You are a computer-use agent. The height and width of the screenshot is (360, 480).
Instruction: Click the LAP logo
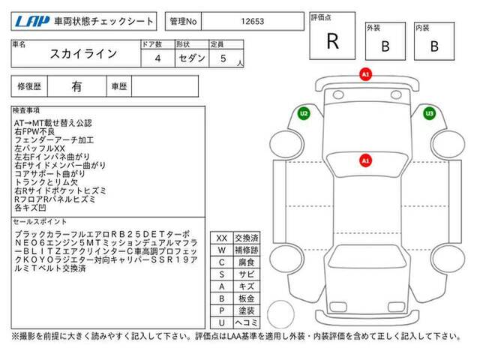click(x=32, y=21)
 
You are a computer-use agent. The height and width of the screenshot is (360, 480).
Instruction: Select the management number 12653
click(x=252, y=22)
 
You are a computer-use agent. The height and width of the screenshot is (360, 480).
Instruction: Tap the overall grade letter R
click(x=333, y=41)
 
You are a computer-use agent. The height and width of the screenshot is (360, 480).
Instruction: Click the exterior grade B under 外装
click(x=385, y=46)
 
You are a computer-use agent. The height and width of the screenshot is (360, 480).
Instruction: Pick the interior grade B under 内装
click(x=434, y=46)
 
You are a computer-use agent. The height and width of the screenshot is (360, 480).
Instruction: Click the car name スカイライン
click(x=83, y=54)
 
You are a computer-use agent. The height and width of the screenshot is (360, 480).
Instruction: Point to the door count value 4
click(x=157, y=58)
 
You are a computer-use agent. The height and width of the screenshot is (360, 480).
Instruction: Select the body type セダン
click(x=192, y=58)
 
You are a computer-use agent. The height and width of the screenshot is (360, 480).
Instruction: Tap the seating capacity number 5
click(x=223, y=58)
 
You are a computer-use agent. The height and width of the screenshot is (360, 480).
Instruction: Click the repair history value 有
click(x=76, y=87)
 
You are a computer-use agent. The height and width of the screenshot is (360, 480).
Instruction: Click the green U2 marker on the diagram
click(x=304, y=113)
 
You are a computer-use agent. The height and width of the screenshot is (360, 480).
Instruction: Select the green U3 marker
click(x=430, y=113)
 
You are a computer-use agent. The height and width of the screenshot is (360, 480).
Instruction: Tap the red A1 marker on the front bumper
click(x=365, y=74)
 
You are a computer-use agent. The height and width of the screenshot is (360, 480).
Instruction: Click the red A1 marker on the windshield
click(x=365, y=160)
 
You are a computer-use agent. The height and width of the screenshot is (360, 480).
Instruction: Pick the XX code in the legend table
click(x=222, y=238)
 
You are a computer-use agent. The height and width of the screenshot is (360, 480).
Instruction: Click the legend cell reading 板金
click(x=247, y=298)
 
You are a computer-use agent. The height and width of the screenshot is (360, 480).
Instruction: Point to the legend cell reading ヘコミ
click(x=247, y=322)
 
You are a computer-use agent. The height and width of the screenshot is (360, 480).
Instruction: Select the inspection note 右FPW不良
click(x=34, y=132)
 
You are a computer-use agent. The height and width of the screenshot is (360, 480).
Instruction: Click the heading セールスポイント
click(x=40, y=222)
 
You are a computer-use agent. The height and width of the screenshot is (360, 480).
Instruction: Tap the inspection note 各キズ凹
click(x=30, y=208)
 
